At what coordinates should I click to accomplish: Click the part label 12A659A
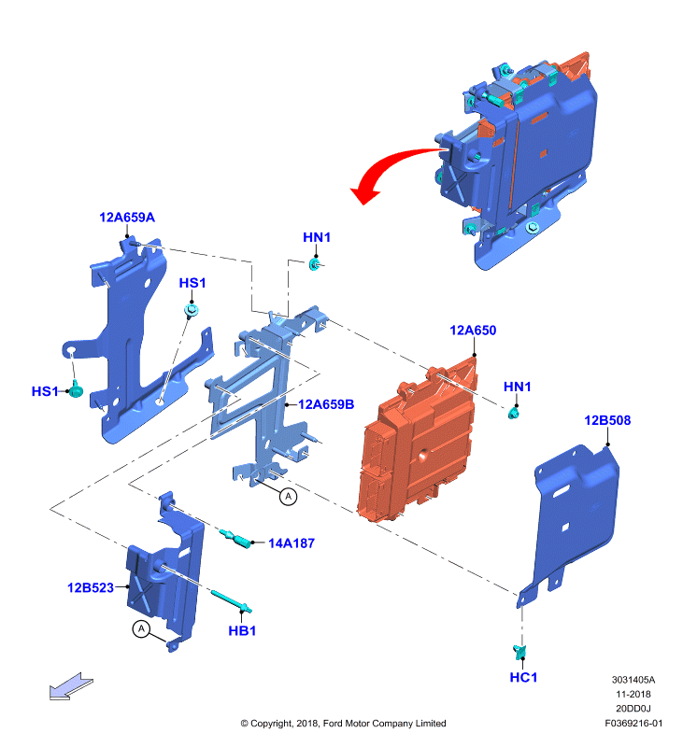(127, 218)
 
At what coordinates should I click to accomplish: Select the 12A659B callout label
(326, 404)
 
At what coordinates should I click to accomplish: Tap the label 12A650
(473, 331)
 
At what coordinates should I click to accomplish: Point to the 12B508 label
(607, 420)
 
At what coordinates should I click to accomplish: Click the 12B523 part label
(91, 587)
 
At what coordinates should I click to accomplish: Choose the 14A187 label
(292, 543)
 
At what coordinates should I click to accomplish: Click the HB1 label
(242, 631)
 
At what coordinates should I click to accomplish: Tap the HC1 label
(523, 677)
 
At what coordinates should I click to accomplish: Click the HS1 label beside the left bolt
(45, 391)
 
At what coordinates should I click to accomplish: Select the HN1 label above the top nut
(317, 237)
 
